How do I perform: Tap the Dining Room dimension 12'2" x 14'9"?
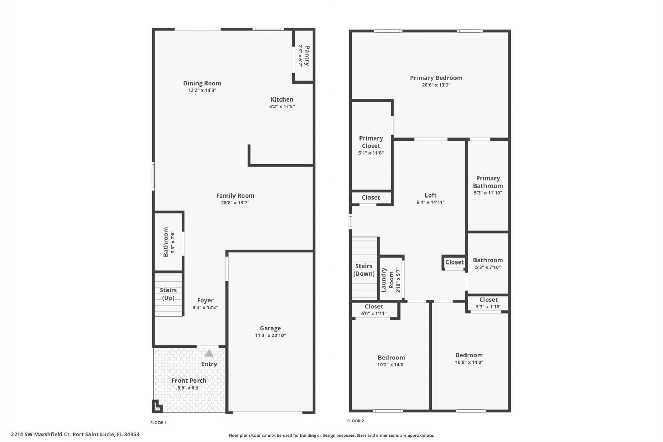click(202, 90)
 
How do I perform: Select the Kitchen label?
click(282, 99)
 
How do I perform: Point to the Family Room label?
click(235, 195)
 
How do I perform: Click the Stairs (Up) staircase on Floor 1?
click(168, 294)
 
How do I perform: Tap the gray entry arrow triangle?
click(209, 354)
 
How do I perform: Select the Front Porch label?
click(189, 381)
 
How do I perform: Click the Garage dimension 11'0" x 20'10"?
click(270, 335)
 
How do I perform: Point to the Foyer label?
click(205, 300)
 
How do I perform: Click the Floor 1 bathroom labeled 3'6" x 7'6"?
click(168, 242)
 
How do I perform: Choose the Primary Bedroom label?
click(436, 78)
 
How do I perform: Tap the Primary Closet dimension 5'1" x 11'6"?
click(371, 153)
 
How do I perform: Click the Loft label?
click(430, 195)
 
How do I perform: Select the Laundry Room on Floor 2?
click(391, 280)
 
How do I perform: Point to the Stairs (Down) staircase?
click(364, 270)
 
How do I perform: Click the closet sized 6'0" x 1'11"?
click(374, 310)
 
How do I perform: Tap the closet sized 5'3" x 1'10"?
click(488, 303)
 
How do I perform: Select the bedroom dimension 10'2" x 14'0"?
click(391, 365)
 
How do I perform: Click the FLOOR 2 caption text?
click(355, 421)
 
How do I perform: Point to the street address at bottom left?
click(75, 434)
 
